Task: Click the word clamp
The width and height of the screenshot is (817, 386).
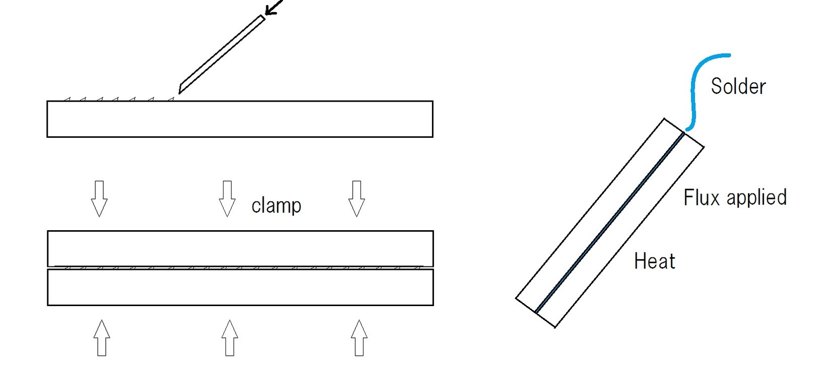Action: pos(276,206)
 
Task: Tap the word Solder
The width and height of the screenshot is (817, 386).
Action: pos(738,86)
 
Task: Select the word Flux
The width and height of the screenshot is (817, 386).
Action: pos(701,198)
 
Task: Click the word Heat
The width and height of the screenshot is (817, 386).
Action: pos(654,261)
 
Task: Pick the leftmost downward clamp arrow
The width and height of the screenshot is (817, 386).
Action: pos(99,198)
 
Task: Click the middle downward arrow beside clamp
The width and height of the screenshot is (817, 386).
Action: pos(228,198)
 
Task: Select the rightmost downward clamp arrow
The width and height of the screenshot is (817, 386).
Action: pos(356,198)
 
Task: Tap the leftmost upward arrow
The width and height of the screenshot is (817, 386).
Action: pos(102,338)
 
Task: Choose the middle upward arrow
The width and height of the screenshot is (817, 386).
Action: pos(230,338)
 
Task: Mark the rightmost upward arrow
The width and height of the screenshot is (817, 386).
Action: pos(359,338)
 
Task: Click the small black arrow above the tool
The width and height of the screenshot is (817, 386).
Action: pos(273,8)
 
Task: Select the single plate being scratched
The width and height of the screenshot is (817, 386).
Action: pos(240,119)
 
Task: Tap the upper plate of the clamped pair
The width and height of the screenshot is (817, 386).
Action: pos(240,248)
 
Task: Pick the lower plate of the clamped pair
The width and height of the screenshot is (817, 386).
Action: pos(240,287)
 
